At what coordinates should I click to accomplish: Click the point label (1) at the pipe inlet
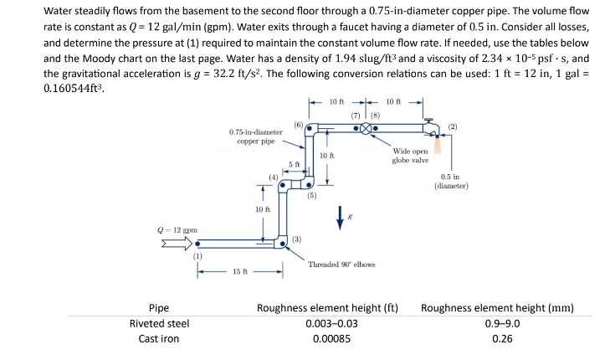click(x=198, y=255)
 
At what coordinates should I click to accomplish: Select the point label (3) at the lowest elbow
click(x=296, y=239)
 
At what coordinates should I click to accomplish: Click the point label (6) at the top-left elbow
click(x=299, y=124)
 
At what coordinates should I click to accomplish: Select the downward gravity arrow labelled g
click(x=339, y=216)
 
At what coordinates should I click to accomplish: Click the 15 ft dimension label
click(x=240, y=272)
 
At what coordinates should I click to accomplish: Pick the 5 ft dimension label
click(x=294, y=164)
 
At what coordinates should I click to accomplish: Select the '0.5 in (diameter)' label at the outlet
click(x=452, y=182)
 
